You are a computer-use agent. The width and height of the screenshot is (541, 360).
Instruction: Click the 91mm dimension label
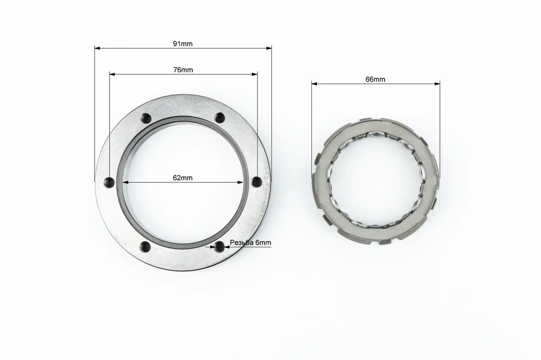pos(183,44)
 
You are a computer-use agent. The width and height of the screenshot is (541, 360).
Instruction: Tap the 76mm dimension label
pos(183,70)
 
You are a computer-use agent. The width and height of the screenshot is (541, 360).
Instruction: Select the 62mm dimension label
pos(183,178)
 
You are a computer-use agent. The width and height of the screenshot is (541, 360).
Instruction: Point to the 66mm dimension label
pos(375,79)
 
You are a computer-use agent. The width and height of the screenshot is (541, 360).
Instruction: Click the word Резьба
pos(242,242)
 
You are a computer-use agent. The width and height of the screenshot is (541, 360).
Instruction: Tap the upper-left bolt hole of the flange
pos(146,118)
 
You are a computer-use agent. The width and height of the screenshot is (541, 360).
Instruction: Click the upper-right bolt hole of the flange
pos(220,118)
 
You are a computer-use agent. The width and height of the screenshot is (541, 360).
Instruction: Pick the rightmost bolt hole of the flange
pos(257,181)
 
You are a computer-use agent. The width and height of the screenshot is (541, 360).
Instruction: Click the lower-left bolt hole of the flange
pos(146,247)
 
